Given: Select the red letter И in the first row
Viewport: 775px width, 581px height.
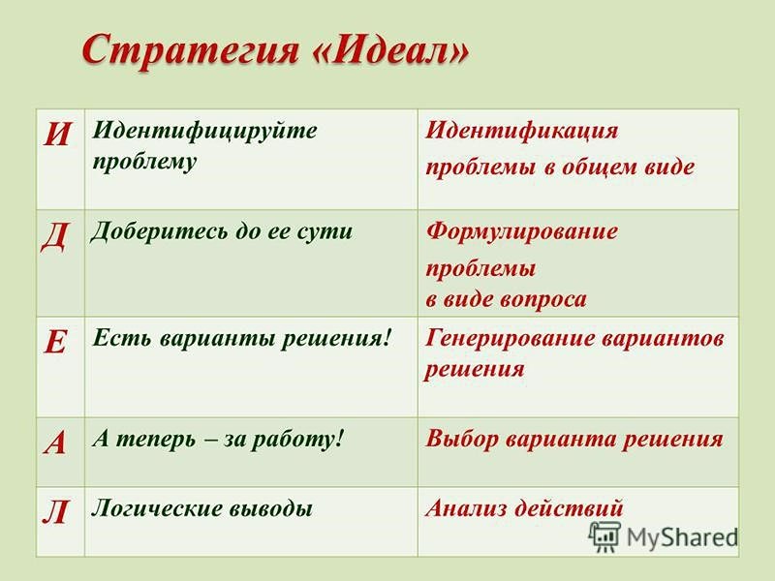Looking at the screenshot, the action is pos(57,134).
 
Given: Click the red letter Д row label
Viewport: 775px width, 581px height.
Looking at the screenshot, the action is pos(55,237).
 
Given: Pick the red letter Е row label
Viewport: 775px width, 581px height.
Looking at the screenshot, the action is pos(55,341).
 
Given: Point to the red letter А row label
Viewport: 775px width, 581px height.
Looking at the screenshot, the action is pos(55,443).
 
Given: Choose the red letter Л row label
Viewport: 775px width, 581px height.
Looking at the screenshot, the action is pos(55,512).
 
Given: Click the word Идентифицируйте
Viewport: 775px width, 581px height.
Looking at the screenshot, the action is pos(204,132).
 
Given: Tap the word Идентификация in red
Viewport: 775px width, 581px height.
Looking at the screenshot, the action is pos(522,132).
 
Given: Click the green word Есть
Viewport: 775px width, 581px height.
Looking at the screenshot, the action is pos(122,338).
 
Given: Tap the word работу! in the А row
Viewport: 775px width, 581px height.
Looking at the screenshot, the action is pos(297,440).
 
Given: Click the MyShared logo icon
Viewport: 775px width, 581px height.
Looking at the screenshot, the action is pos(604,536).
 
